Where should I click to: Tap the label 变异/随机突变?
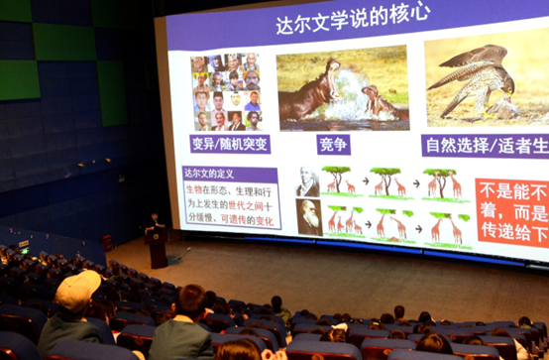pyautogui.click(x=229, y=144)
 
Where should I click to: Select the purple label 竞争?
pyautogui.click(x=333, y=145)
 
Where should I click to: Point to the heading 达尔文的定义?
pyautogui.click(x=209, y=173)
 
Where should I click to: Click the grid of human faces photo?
pyautogui.click(x=228, y=92)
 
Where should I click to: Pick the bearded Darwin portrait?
pyautogui.click(x=310, y=217)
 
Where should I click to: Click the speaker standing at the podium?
pyautogui.click(x=154, y=223)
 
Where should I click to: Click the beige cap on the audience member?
pyautogui.click(x=78, y=290)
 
